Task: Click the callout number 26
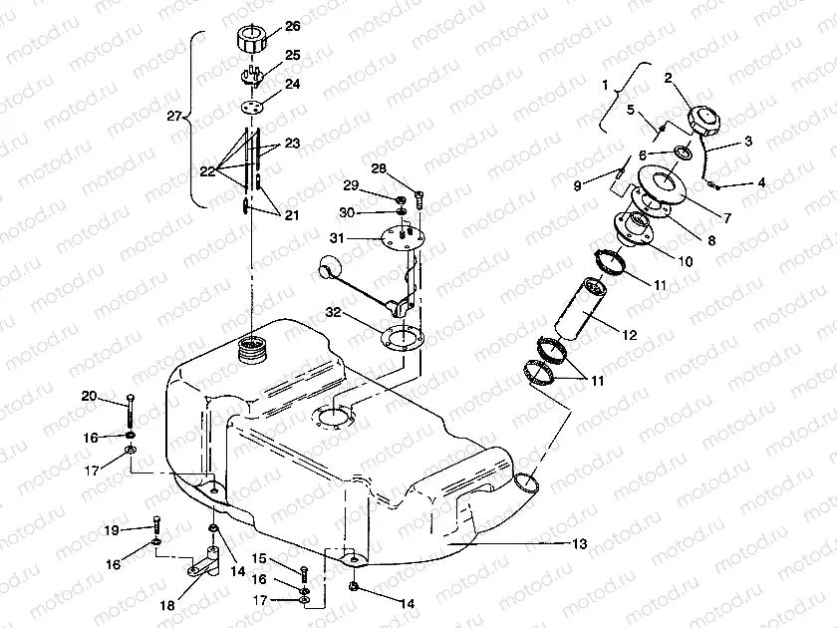tap(264, 25)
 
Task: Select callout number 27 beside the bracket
tap(174, 117)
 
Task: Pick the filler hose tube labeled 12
tap(585, 311)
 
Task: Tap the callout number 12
tap(631, 336)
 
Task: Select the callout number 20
tap(90, 397)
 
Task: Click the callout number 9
tap(579, 184)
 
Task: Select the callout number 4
tap(761, 183)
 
